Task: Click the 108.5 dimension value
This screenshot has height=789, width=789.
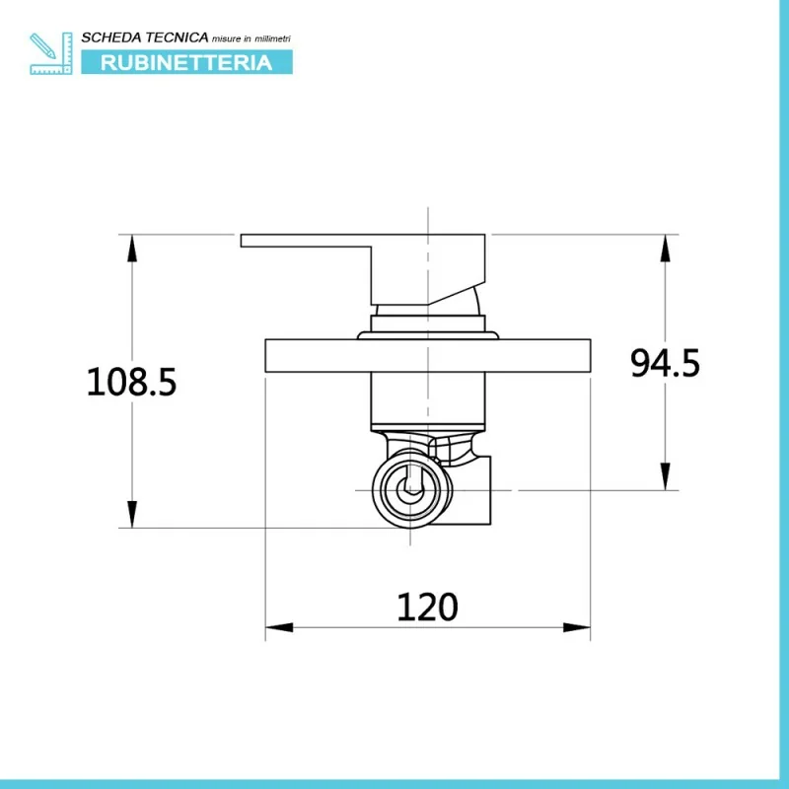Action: pos(132,383)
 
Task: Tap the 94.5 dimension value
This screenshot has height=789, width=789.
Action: pos(665,363)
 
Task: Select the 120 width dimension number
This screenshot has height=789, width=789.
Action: pos(427,608)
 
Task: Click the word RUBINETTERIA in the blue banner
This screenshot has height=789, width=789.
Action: pos(186,63)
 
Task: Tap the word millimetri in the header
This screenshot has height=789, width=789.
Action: pos(273,38)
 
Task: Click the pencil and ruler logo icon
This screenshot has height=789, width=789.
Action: pos(51,53)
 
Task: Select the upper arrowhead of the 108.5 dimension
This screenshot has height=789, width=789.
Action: pos(132,249)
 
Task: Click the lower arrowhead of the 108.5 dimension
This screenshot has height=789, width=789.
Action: pos(132,514)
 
